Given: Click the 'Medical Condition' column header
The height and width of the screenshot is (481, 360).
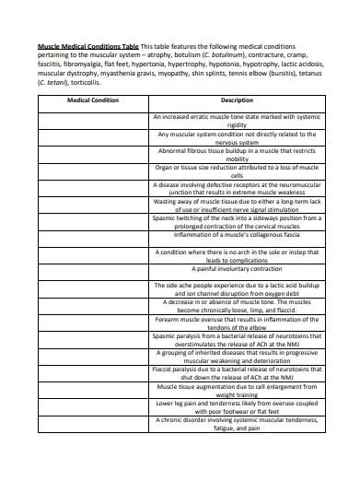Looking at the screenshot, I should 94,99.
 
